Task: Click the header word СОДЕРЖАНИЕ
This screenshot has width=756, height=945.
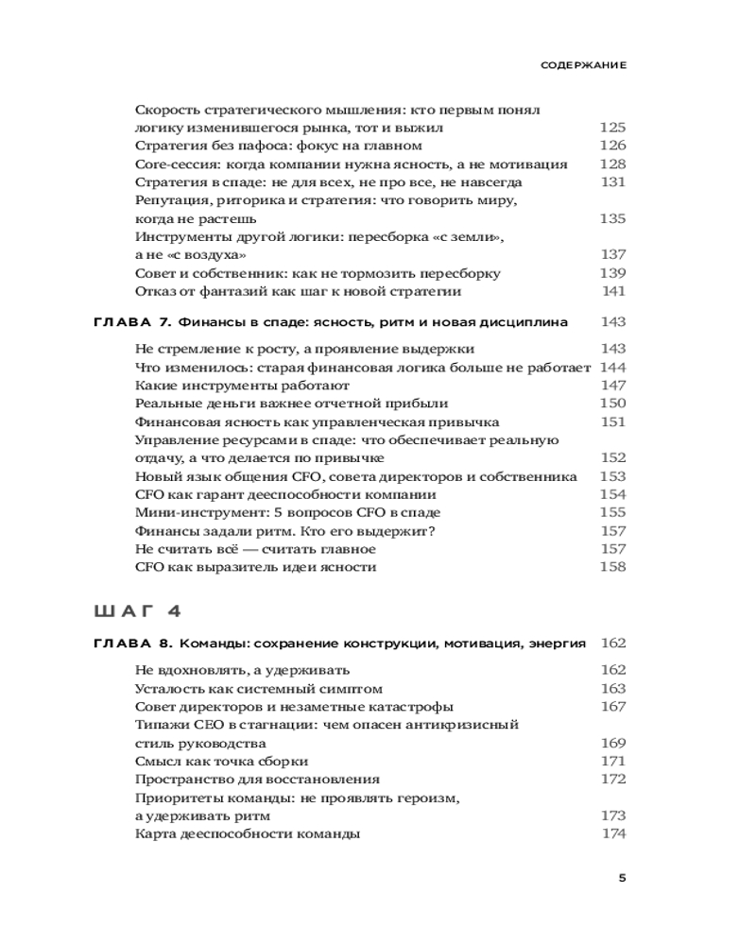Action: point(583,67)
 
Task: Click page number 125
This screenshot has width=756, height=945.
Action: point(612,128)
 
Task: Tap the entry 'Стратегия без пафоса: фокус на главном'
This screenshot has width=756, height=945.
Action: point(278,146)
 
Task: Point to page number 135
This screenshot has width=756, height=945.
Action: point(612,218)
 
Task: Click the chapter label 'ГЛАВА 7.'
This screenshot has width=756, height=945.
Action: point(132,322)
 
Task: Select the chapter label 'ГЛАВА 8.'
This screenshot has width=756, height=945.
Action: point(132,644)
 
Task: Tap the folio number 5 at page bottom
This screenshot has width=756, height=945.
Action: point(621,877)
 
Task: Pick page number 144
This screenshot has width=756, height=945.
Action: point(612,368)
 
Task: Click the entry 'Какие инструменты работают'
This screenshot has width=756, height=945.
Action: point(242,386)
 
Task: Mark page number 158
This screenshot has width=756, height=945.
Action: point(612,567)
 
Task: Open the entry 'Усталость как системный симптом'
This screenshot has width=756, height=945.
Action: point(259,689)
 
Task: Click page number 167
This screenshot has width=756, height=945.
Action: point(612,707)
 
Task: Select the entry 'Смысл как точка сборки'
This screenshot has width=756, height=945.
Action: point(222,761)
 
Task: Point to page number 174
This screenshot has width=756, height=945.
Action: point(613,833)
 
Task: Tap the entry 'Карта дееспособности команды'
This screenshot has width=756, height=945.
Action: point(248,833)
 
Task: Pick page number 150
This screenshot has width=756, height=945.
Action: point(612,404)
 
